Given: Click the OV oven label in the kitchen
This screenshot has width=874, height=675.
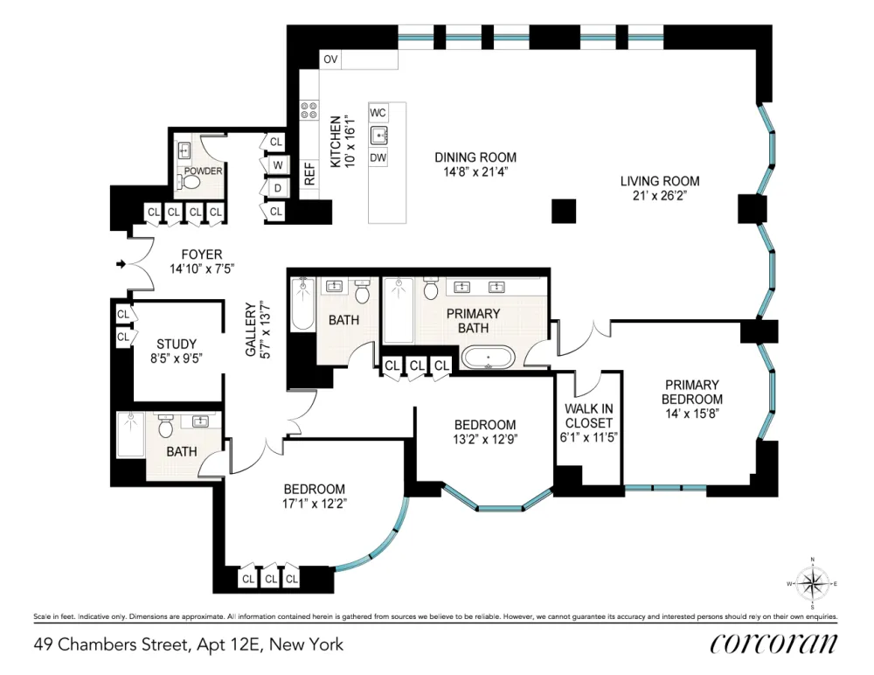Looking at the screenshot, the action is [x=330, y=59].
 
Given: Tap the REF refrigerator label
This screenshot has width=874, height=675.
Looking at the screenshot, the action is [x=310, y=173].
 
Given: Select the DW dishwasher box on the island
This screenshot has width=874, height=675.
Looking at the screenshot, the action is [x=378, y=158].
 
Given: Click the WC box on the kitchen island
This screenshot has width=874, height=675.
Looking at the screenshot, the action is [x=378, y=113].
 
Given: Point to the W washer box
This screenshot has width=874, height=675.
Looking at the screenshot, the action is [x=278, y=165].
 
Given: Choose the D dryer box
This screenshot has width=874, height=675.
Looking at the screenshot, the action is [x=278, y=189].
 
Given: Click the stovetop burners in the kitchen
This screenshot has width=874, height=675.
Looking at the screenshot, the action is [x=309, y=110].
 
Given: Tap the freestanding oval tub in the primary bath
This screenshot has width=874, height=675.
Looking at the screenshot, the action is [x=489, y=358].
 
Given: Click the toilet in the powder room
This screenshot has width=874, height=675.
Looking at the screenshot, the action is [x=190, y=182].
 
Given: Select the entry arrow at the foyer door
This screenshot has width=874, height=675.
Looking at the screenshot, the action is [x=121, y=264].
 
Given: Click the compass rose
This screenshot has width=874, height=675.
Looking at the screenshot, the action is [x=812, y=583].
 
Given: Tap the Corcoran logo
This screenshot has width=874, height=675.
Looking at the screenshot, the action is [x=773, y=644].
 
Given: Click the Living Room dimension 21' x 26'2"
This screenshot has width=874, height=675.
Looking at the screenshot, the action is [x=660, y=196].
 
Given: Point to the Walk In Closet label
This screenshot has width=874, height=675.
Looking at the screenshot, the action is [x=588, y=415].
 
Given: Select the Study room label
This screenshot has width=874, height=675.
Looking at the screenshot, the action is [x=177, y=344].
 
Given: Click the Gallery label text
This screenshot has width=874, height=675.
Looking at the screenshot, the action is [x=251, y=329].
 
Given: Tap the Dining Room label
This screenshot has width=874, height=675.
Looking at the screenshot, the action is [x=475, y=157].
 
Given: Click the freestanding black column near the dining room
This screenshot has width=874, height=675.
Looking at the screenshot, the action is [x=564, y=211].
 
